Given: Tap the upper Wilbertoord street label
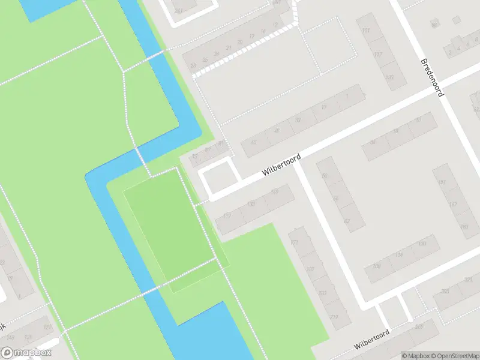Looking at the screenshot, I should [x=281, y=164].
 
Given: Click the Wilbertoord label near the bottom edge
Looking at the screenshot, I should [x=372, y=340].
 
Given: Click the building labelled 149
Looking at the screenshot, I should [x=275, y=192].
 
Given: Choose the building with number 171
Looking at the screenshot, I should [x=294, y=242].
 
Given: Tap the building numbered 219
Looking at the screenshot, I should [x=332, y=317].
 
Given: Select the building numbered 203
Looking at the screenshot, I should [x=323, y=293].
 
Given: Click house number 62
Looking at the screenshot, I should [x=347, y=221].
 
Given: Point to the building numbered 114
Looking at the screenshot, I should [x=399, y=255].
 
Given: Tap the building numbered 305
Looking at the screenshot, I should [x=418, y=326].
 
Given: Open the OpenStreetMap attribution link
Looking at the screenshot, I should [x=456, y=355].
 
